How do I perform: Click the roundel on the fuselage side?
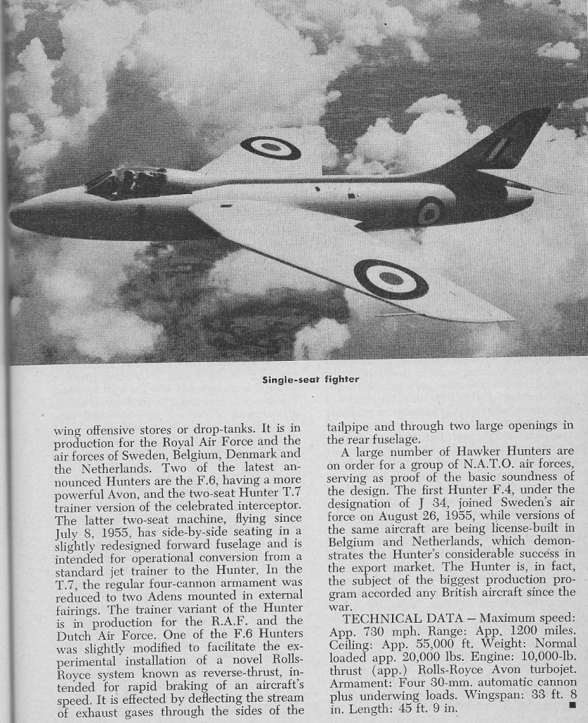429,211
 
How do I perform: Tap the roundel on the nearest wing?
391,278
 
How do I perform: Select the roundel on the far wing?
270,148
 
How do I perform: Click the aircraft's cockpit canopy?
127,181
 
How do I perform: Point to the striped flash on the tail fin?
498,148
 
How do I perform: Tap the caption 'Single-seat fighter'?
310,379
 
